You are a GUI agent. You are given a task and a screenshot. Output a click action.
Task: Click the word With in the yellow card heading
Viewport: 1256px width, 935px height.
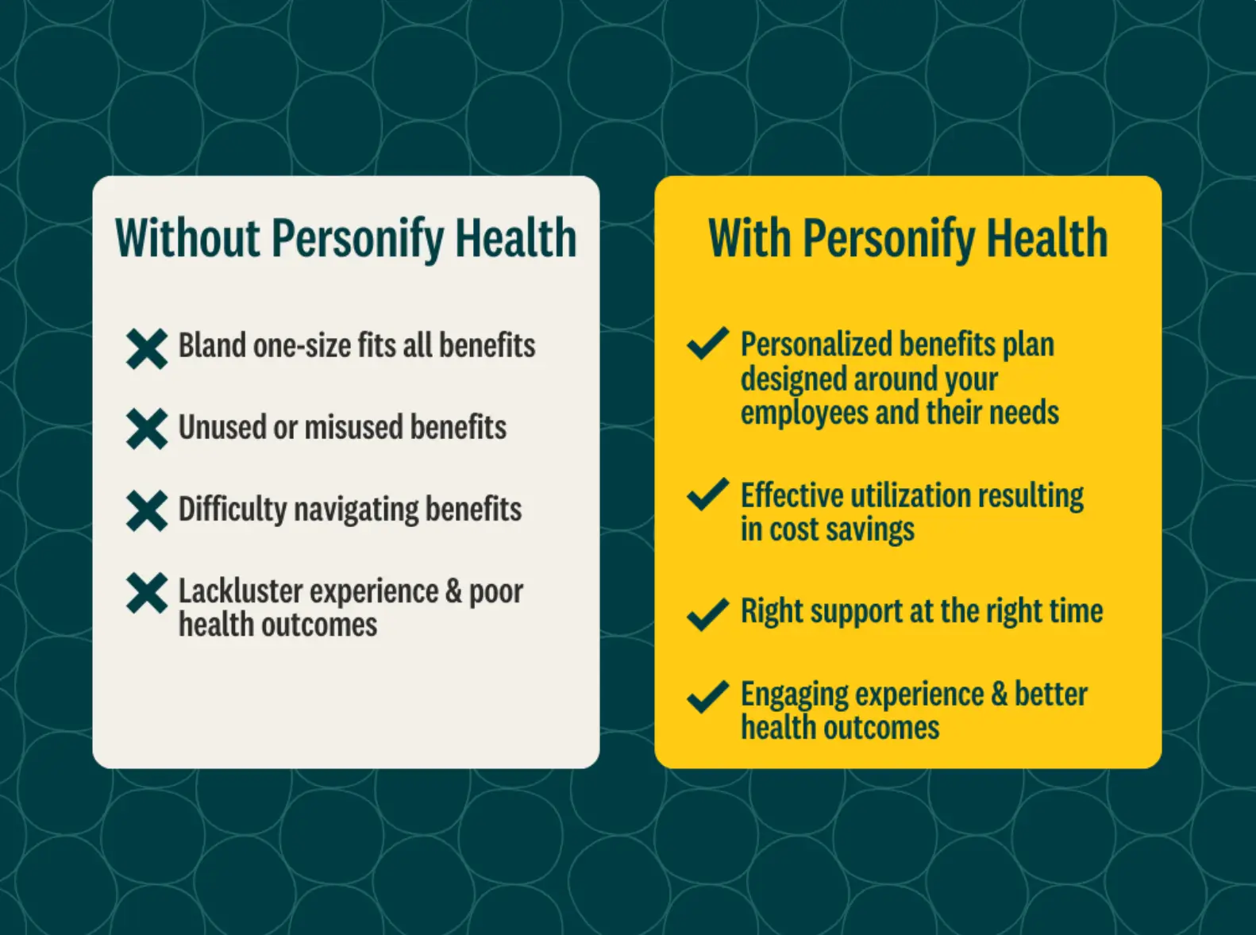pos(749,237)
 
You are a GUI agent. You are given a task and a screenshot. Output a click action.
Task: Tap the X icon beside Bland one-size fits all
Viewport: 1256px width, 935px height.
pos(147,349)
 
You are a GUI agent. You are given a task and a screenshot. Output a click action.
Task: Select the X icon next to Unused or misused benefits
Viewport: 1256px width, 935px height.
pos(147,429)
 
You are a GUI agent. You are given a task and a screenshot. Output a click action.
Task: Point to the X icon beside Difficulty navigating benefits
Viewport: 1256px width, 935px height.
pos(147,511)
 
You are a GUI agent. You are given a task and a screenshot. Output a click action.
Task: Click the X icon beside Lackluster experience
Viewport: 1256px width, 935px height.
pos(147,594)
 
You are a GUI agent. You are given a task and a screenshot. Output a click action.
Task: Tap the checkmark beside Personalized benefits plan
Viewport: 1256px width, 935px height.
pos(708,343)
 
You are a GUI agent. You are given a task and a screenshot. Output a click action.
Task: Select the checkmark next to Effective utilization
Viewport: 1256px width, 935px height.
pos(708,494)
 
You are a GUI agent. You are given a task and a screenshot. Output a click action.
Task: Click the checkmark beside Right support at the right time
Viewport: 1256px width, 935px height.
pos(708,614)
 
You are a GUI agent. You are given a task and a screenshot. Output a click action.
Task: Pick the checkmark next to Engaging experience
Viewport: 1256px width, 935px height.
pos(708,697)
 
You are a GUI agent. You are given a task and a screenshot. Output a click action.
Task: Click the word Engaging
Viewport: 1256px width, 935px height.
pos(795,695)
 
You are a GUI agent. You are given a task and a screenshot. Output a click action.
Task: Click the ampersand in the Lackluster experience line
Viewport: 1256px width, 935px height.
pos(453,591)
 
